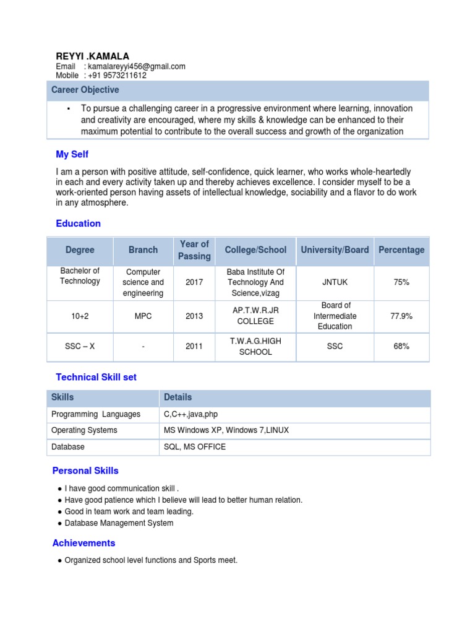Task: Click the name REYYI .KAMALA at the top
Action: [x=93, y=56]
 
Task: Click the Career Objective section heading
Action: [x=85, y=90]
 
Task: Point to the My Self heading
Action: [x=72, y=154]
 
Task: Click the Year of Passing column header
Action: [x=194, y=250]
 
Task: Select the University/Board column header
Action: [x=335, y=250]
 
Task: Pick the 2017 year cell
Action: [x=194, y=282]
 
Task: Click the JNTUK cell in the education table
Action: [x=335, y=282]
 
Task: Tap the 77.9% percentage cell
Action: [x=401, y=316]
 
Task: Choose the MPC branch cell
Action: [x=143, y=316]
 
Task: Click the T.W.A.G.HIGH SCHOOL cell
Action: [x=255, y=346]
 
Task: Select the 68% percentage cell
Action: [x=401, y=346]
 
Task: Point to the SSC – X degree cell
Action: [x=80, y=346]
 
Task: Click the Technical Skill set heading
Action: [x=96, y=377]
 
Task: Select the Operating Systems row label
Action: [x=84, y=430]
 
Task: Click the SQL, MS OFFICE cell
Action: [x=195, y=446]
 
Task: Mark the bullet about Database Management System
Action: [x=119, y=523]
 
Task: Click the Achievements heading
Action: [x=83, y=543]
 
